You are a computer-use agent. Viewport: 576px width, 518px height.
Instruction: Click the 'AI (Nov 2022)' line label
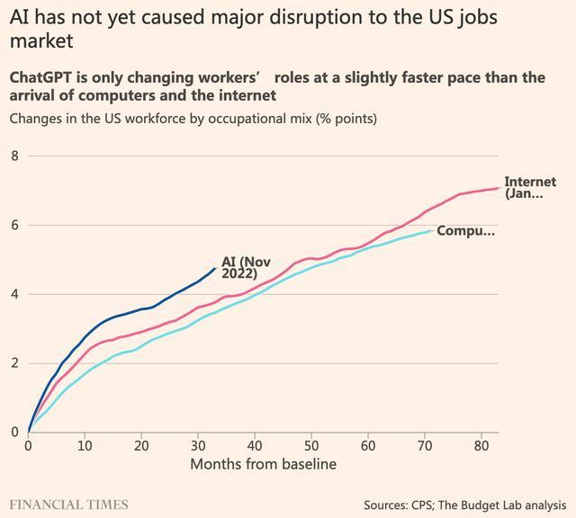(x=246, y=267)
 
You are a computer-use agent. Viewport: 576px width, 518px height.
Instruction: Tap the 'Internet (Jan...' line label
(x=530, y=187)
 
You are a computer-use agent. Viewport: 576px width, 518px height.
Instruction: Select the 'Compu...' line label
(x=465, y=231)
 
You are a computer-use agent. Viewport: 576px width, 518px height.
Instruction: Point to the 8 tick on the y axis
(x=14, y=156)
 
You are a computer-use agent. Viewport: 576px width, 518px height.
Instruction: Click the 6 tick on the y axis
(x=14, y=226)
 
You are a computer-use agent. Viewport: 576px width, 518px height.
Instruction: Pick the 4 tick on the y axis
(x=14, y=294)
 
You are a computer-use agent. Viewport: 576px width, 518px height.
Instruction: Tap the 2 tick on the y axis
(x=14, y=363)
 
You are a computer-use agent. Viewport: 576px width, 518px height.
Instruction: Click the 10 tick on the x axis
(x=85, y=446)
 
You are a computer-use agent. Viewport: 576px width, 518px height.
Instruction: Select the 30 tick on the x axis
(x=198, y=446)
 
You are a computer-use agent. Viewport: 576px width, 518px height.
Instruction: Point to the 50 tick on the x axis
(x=311, y=446)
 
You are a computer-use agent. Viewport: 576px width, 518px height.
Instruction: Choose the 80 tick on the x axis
(x=481, y=446)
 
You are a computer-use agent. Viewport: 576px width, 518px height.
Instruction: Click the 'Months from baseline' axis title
(x=263, y=464)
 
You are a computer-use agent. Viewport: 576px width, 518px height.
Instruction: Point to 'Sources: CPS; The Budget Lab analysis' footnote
(x=465, y=505)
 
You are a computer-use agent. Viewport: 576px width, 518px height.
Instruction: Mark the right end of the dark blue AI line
(x=215, y=268)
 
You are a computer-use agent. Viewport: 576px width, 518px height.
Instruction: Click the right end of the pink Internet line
(x=498, y=188)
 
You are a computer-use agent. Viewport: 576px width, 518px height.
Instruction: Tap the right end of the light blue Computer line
(x=431, y=231)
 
